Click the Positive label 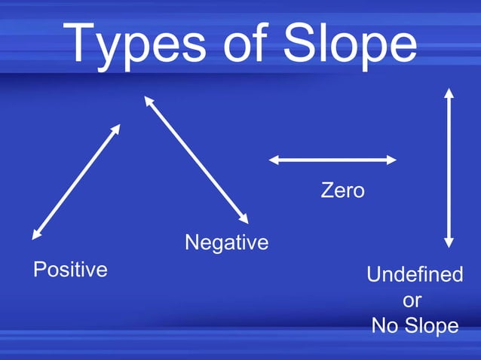[70, 270]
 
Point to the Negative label [226, 243]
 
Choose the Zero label [342, 191]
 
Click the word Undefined [415, 275]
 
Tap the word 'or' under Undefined [412, 301]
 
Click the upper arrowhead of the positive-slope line [117, 128]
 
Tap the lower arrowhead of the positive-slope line [35, 235]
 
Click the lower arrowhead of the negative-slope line [244, 219]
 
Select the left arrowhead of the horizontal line [274, 160]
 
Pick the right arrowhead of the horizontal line [391, 160]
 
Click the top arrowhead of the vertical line [449, 93]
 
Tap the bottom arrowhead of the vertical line [449, 243]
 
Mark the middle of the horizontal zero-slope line [332, 160]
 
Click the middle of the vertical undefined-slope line [449, 167]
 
